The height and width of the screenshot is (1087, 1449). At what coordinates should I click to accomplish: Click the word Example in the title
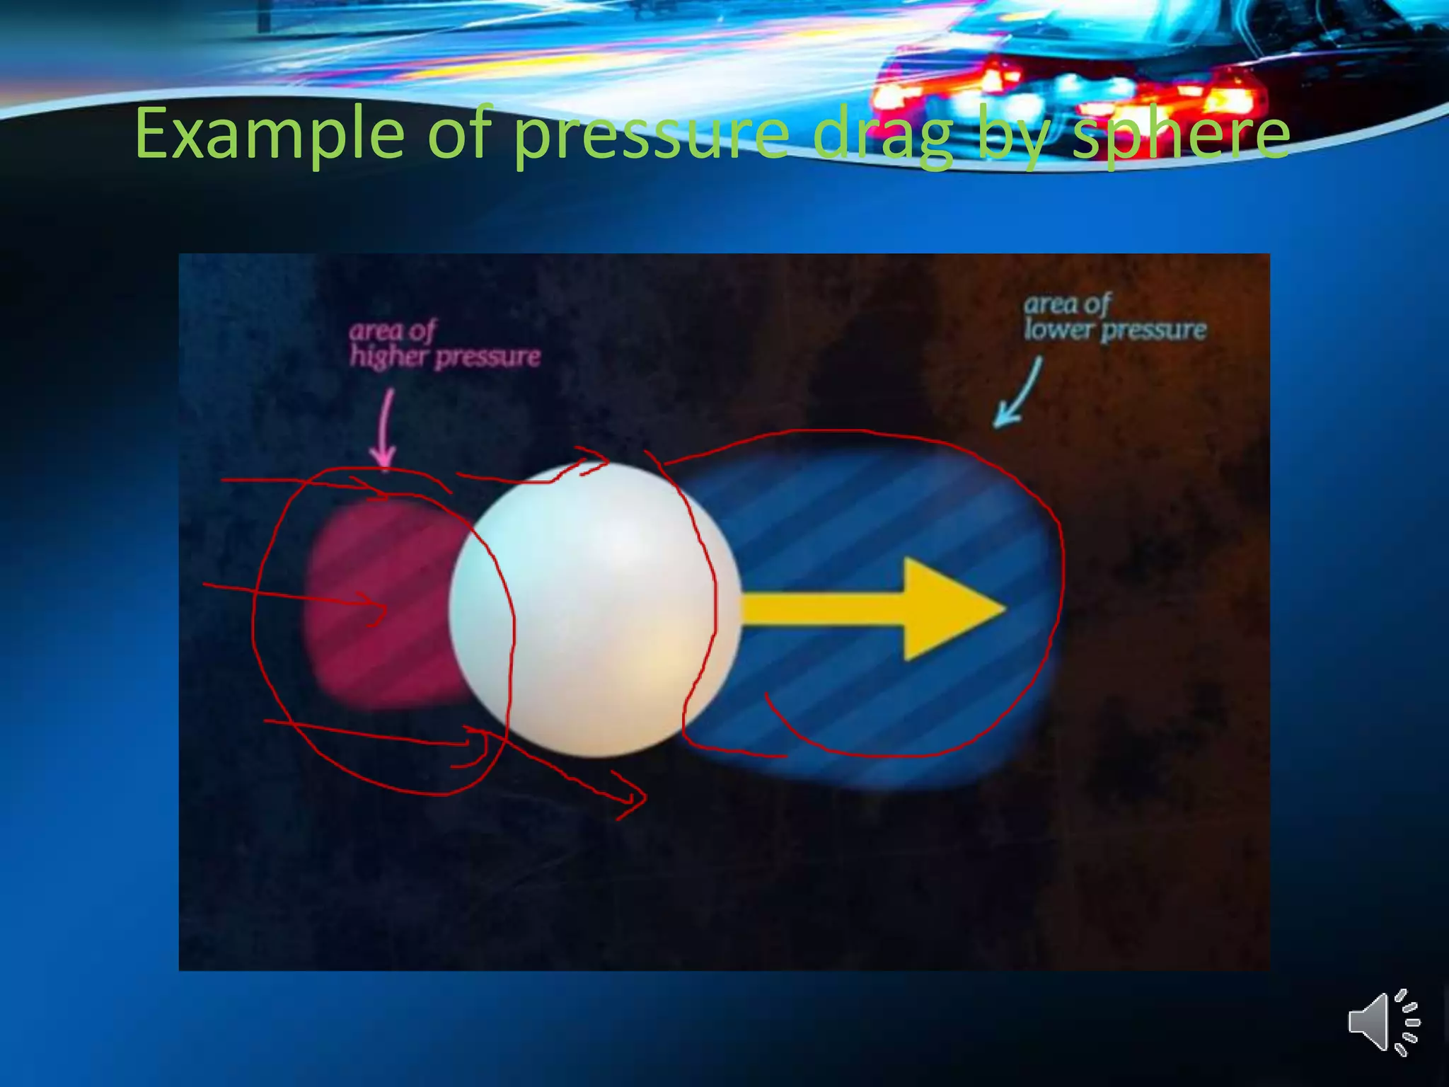coord(269,134)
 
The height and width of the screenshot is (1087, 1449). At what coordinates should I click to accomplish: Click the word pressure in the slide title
coord(651,134)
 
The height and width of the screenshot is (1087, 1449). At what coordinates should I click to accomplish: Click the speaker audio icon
coord(1382,1022)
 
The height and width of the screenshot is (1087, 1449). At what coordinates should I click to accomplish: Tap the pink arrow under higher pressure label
coord(386,432)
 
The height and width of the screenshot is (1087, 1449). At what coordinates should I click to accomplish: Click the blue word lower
coord(1058,330)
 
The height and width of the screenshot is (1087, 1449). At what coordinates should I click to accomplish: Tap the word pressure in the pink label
coord(488,357)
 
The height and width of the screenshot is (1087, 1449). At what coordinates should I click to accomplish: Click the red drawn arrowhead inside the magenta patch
coord(379,609)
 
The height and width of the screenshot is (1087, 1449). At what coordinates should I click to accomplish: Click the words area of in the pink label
coord(393,330)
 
